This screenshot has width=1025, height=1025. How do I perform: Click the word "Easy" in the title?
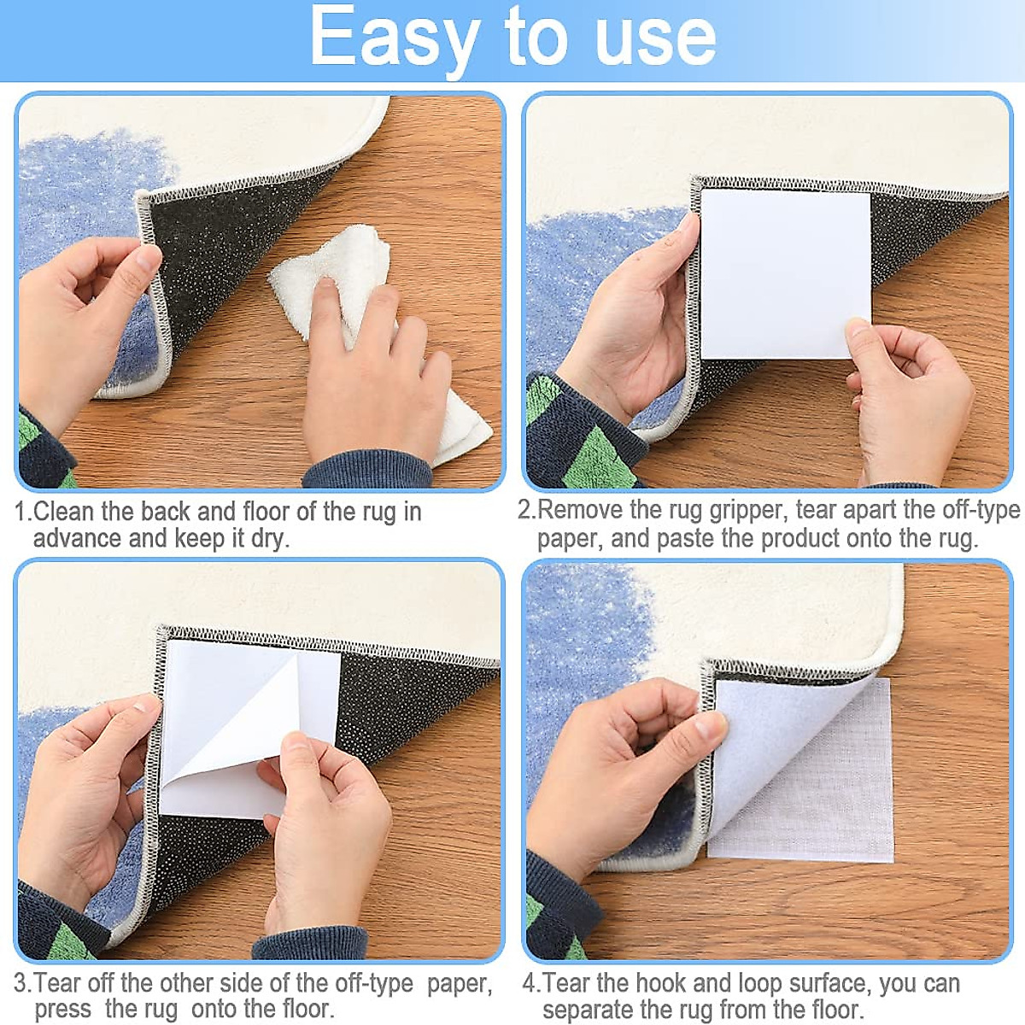point(393,38)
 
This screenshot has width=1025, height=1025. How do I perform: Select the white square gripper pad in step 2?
point(784,273)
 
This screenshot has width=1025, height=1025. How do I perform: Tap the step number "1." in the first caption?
point(23,512)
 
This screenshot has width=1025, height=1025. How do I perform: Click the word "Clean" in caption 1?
point(64,512)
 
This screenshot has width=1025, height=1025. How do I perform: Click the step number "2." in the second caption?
point(526,511)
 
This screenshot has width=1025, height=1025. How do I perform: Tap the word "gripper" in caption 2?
point(748,511)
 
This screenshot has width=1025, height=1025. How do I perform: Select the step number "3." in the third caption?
point(23,983)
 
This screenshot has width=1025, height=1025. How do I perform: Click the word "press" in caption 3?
point(63,1010)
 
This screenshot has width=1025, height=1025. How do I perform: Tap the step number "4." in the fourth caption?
point(531,983)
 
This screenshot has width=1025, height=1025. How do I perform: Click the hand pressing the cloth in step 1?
point(376,376)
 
